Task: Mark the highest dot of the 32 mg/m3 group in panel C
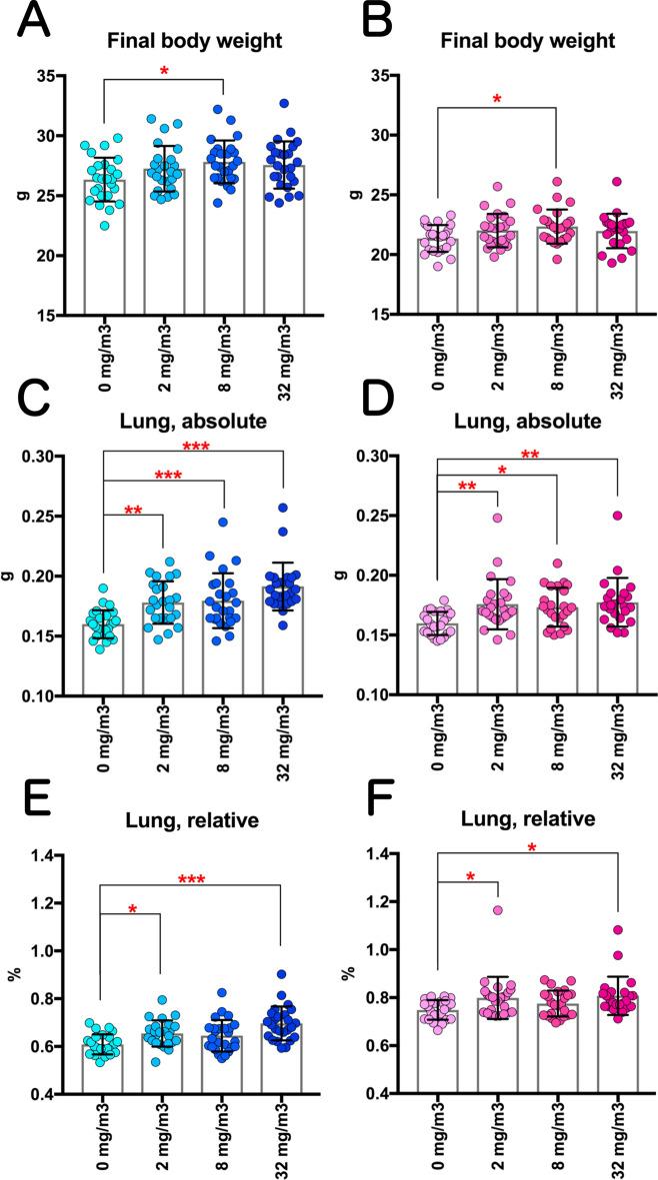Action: click(x=281, y=508)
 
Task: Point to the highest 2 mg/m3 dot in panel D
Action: click(x=496, y=518)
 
